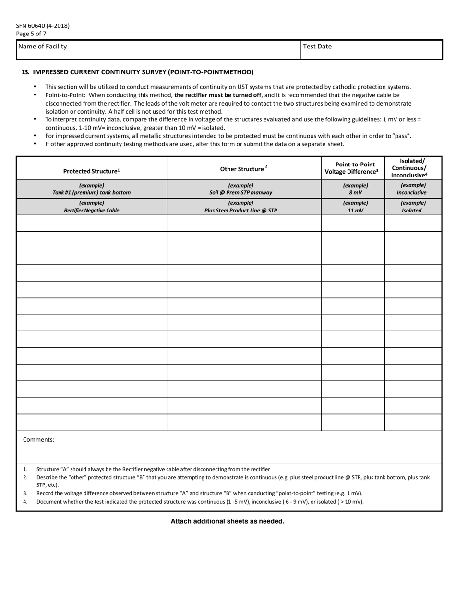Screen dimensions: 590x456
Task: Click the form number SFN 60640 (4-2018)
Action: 43,26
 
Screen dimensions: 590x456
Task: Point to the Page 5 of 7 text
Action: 31,34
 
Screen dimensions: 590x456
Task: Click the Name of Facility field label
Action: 42,47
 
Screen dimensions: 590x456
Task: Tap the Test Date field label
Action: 317,47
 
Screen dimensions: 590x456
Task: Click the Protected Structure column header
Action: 91,171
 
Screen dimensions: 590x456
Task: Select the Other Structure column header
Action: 243,169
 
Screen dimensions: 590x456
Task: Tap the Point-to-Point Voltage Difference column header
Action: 352,168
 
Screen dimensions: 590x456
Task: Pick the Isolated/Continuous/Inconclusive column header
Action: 412,168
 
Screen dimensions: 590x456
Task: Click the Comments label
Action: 38,439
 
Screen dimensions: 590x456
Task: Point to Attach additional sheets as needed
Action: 228,521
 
